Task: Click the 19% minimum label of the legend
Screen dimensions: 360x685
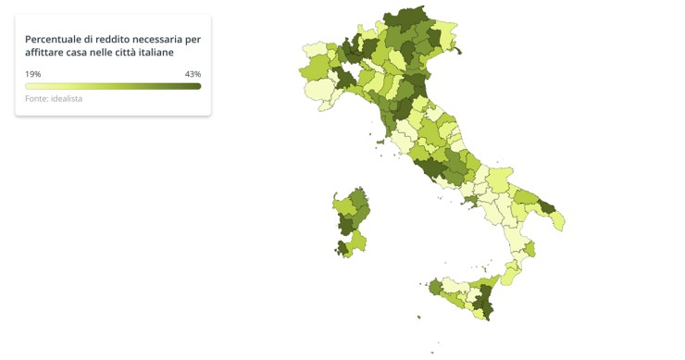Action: tap(32, 74)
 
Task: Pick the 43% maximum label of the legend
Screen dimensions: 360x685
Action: tap(193, 74)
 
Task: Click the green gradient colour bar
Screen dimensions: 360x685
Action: tap(113, 86)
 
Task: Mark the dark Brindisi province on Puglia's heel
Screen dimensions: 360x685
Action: tap(545, 207)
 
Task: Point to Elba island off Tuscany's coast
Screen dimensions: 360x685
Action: tap(380, 142)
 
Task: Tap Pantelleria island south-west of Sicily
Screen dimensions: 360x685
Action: tap(419, 317)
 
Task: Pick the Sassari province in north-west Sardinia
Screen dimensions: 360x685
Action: tap(344, 205)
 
